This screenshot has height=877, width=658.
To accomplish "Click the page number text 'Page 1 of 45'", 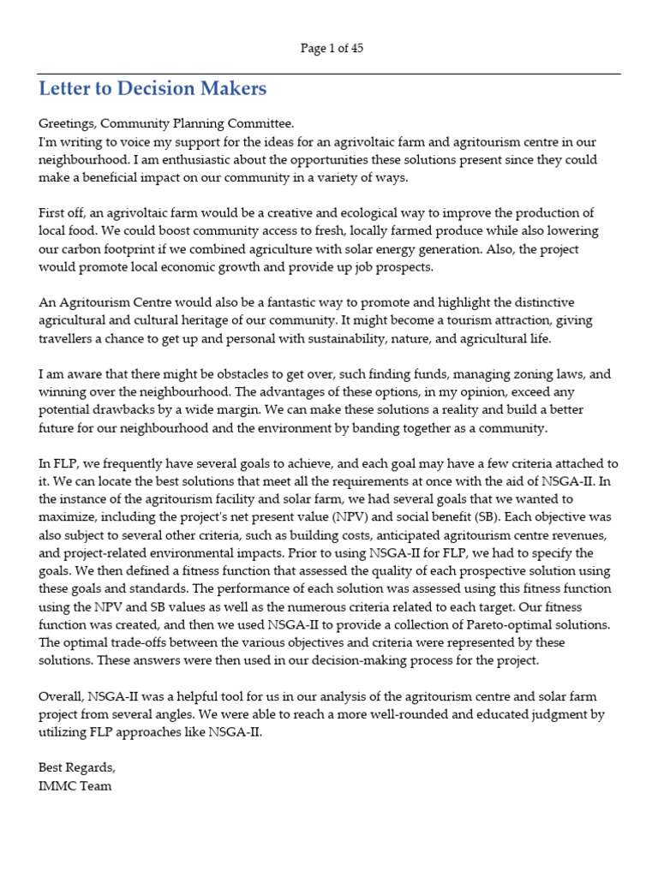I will tap(332, 49).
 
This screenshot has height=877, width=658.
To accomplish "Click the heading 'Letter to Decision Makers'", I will tap(153, 88).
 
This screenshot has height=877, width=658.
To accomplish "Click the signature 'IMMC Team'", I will tap(75, 785).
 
